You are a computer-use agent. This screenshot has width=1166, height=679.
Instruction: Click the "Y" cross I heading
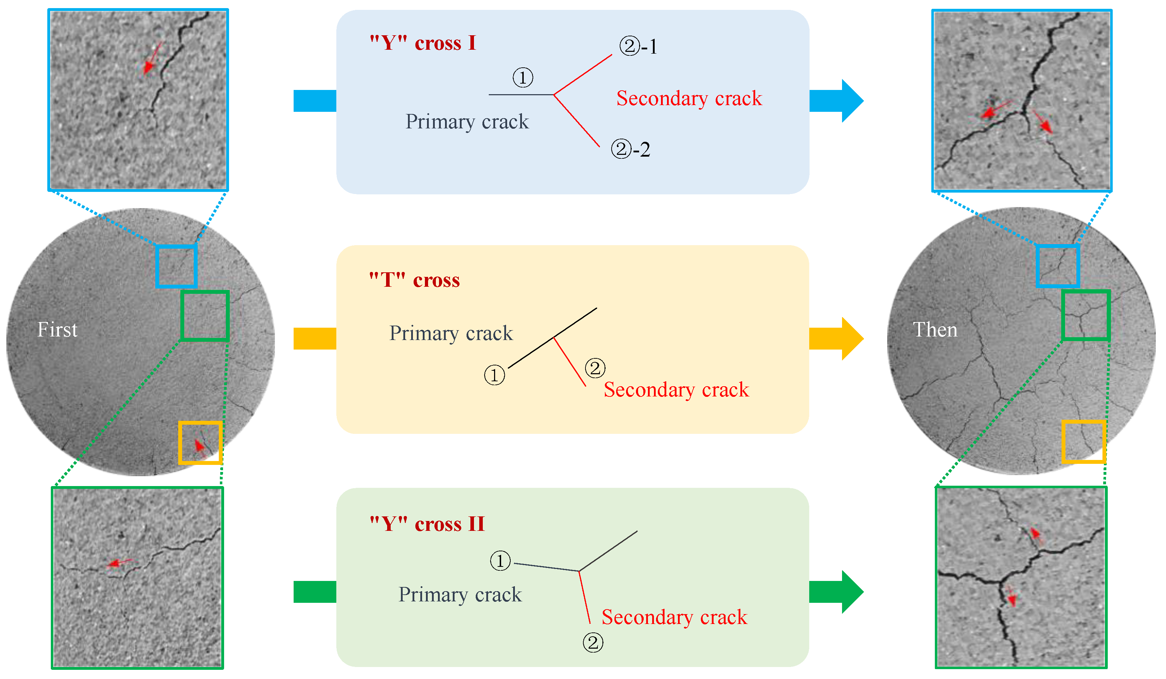(422, 43)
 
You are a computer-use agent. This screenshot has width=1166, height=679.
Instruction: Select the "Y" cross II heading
(427, 524)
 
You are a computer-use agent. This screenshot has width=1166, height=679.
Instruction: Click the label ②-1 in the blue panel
(638, 46)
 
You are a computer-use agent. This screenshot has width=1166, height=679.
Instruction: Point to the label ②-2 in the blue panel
(631, 149)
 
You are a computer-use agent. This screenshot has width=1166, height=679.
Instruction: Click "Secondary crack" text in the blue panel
(689, 98)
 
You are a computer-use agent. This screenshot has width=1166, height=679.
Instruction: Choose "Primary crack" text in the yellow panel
(451, 333)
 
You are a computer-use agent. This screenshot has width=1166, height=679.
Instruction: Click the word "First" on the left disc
(58, 330)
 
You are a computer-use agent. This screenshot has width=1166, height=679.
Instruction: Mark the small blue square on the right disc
(1058, 266)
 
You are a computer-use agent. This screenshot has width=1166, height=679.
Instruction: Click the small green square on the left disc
(205, 316)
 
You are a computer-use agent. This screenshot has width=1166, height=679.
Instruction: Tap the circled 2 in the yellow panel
(595, 368)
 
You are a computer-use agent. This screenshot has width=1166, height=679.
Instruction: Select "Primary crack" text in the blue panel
(467, 122)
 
